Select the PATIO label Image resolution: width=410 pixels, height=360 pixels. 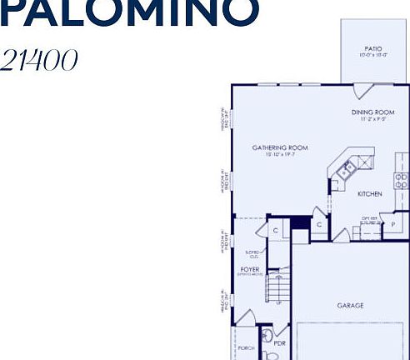click(x=372, y=48)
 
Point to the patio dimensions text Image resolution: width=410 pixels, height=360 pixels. click(x=372, y=56)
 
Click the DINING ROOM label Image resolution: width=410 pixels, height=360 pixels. click(x=372, y=112)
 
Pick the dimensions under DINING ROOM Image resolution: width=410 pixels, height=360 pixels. click(x=372, y=119)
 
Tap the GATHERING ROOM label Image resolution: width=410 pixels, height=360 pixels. click(x=280, y=147)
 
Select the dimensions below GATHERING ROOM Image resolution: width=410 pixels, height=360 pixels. click(x=280, y=155)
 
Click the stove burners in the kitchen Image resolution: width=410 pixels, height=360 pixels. click(x=401, y=178)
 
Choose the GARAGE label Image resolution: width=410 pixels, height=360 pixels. click(x=350, y=306)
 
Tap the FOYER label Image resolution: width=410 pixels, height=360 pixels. click(x=250, y=269)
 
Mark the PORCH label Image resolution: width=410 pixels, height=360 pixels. click(x=246, y=348)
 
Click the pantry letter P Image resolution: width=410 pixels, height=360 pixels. click(x=393, y=225)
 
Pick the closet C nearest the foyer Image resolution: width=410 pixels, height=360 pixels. click(x=274, y=230)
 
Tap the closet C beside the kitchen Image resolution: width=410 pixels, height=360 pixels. click(x=319, y=224)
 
